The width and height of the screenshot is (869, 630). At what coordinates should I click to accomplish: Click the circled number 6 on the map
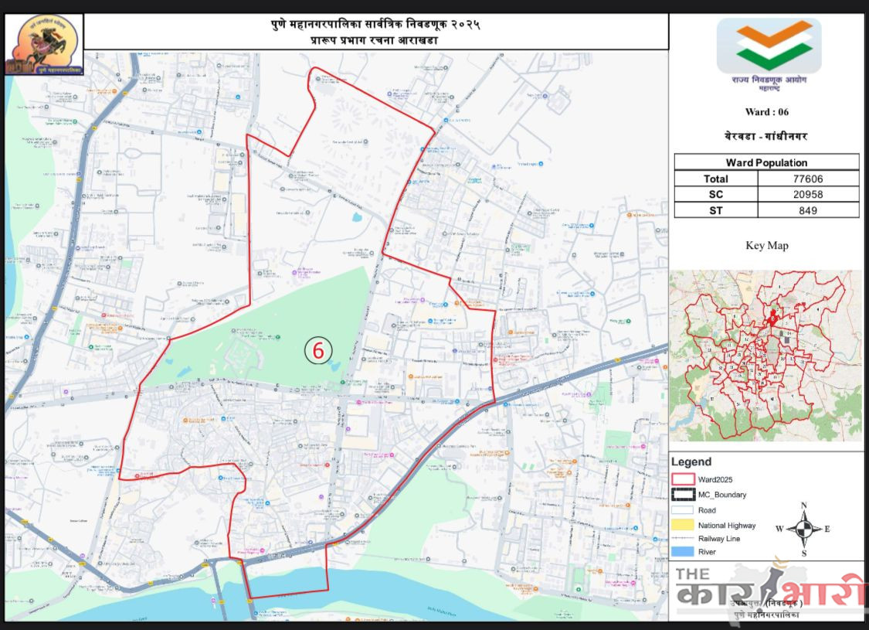click(x=317, y=349)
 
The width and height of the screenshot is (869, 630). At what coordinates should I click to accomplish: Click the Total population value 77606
click(x=808, y=179)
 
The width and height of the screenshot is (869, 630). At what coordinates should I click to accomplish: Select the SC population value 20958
click(x=808, y=194)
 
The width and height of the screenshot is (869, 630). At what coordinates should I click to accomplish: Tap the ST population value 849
click(x=808, y=209)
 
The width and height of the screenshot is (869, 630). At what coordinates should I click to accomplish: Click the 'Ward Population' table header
click(x=766, y=162)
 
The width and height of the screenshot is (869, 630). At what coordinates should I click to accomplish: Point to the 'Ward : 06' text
click(x=766, y=112)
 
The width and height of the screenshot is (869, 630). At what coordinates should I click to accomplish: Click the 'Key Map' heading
click(x=766, y=246)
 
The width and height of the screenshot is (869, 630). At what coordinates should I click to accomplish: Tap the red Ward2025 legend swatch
click(x=684, y=480)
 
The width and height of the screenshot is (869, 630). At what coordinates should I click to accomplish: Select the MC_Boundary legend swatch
click(x=684, y=495)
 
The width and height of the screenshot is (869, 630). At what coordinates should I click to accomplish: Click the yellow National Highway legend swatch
click(x=684, y=525)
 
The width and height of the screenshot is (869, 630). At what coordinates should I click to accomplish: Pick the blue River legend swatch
click(x=684, y=552)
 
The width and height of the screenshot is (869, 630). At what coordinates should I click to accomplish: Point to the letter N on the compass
click(x=804, y=506)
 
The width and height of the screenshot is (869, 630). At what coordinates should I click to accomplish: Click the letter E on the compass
click(x=827, y=530)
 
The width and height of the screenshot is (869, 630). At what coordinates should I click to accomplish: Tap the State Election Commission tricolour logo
click(x=768, y=46)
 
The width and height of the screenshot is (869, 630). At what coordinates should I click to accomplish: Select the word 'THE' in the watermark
click(x=693, y=574)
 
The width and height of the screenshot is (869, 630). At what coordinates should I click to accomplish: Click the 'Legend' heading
click(x=691, y=462)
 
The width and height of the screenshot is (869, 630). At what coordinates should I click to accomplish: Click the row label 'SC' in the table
click(x=716, y=194)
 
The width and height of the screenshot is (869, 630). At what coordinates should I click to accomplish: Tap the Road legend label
click(x=707, y=510)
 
